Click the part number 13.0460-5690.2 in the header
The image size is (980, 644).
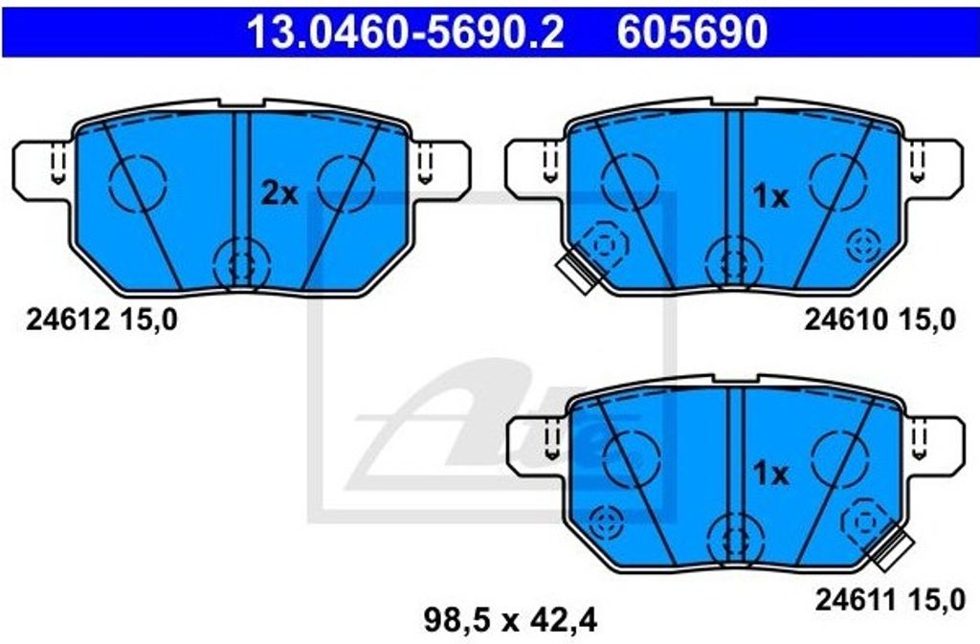click(x=404, y=33)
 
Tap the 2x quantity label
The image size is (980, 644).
click(x=279, y=194)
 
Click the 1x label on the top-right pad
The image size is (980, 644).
click(x=770, y=197)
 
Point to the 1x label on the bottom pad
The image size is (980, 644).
click(x=770, y=473)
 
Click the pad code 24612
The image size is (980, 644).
click(x=61, y=322)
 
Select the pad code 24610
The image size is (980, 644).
click(x=840, y=322)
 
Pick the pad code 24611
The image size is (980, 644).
click(x=851, y=601)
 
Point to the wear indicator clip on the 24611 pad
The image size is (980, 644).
click(x=891, y=546)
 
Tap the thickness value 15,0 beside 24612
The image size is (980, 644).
click(x=148, y=322)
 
